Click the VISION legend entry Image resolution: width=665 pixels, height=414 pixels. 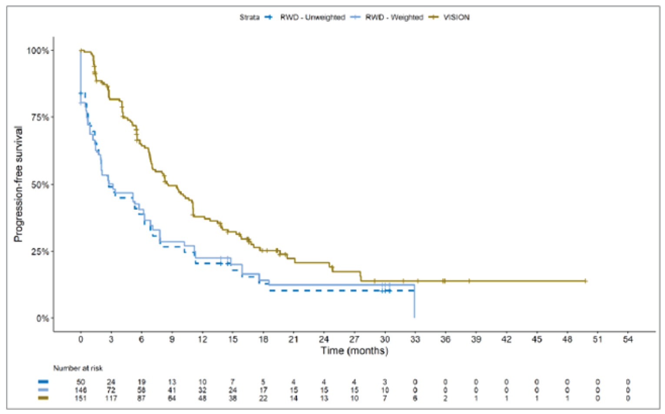coord(456,17)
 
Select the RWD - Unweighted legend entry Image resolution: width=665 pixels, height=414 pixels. coord(312,17)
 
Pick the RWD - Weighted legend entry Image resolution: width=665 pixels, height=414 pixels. coord(394,17)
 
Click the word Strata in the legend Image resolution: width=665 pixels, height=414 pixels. coord(249,17)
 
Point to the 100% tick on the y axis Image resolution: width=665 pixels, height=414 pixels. coord(38,50)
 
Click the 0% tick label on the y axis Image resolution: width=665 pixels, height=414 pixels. coord(42,318)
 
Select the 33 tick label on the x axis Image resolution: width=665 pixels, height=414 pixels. coord(415,339)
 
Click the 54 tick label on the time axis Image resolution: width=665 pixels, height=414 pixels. coord(628,339)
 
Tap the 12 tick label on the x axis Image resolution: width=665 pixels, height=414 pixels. coord(202,339)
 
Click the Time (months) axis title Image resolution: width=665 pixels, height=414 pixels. coord(354,351)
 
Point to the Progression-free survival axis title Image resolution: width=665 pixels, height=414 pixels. coord(18,184)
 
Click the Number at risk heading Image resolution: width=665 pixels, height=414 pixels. coord(78,368)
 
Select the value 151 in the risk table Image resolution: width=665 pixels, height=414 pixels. coord(80,398)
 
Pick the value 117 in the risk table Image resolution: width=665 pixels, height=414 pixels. coord(111,398)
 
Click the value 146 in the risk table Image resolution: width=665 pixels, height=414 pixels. coord(80,390)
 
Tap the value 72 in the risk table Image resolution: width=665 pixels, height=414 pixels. coord(111,390)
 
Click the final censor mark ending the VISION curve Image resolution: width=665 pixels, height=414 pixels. coord(585,281)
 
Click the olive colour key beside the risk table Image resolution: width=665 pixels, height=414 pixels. coord(43,398)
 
